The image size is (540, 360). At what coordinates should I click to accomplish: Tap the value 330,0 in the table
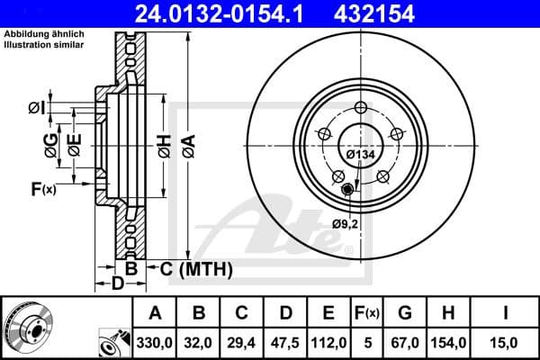tap(155, 343)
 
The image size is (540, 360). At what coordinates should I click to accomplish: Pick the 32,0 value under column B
tap(199, 343)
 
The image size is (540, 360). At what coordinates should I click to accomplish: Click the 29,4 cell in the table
tap(242, 343)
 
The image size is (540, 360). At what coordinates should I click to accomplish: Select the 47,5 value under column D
tap(285, 343)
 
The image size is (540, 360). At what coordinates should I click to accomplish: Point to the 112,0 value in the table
tap(329, 343)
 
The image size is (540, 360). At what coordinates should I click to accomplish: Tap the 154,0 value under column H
tap(453, 343)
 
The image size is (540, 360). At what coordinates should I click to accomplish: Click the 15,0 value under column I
tap(508, 343)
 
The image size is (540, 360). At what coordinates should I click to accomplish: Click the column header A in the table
tap(155, 313)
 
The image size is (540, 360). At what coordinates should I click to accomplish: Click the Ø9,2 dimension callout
tap(345, 223)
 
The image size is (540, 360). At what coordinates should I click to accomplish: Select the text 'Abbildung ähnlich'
tap(40, 34)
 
